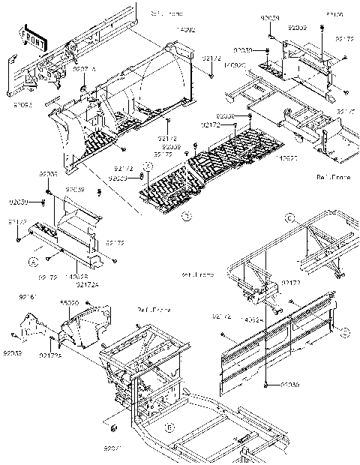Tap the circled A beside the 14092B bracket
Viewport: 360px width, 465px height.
click(33, 261)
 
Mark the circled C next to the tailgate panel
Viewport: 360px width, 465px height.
click(346, 331)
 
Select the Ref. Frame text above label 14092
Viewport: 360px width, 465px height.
click(163, 13)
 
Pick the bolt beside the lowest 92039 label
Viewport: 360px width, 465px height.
click(266, 384)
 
